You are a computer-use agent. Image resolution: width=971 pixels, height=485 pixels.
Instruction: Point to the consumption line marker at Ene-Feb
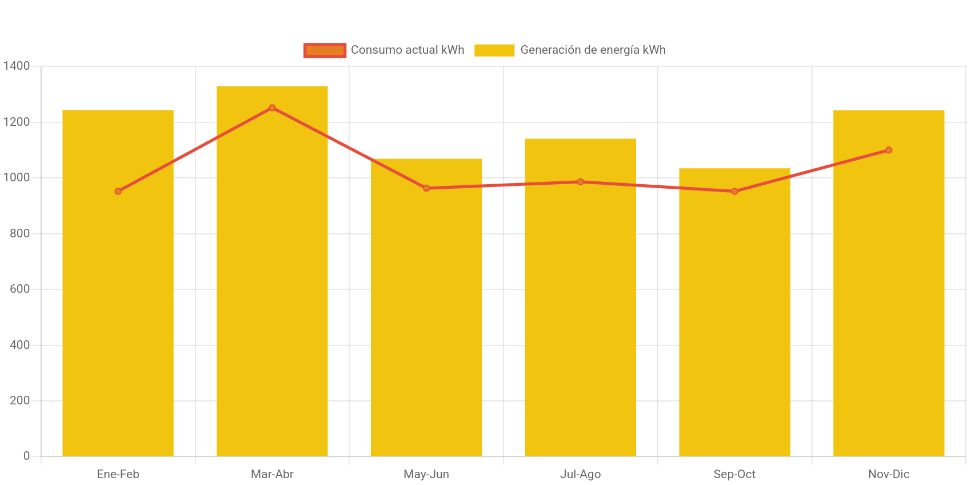tap(118, 191)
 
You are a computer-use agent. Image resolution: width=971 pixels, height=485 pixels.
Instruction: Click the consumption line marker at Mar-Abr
tap(272, 108)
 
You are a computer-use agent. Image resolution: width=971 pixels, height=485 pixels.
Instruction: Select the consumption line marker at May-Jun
tap(426, 188)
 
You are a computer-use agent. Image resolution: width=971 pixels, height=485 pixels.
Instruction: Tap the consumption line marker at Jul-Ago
tap(580, 182)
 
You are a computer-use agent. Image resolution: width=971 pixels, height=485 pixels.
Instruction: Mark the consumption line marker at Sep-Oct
tap(734, 191)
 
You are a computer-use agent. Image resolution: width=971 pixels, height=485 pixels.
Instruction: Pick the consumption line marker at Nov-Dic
tap(889, 150)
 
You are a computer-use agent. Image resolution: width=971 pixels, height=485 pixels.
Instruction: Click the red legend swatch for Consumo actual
tap(325, 50)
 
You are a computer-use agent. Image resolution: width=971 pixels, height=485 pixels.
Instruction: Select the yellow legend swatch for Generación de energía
tap(494, 50)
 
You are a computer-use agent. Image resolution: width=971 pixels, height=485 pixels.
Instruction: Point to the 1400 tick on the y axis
tap(17, 66)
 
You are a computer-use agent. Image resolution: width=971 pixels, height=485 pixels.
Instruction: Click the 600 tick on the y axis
tap(19, 289)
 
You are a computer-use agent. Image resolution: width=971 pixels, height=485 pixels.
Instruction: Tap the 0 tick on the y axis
tap(26, 456)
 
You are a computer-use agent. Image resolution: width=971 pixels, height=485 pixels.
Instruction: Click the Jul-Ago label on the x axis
tap(580, 474)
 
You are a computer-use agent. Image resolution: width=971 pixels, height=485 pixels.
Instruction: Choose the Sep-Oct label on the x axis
tap(734, 474)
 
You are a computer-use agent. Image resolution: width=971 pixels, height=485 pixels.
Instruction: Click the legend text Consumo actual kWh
tap(407, 50)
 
